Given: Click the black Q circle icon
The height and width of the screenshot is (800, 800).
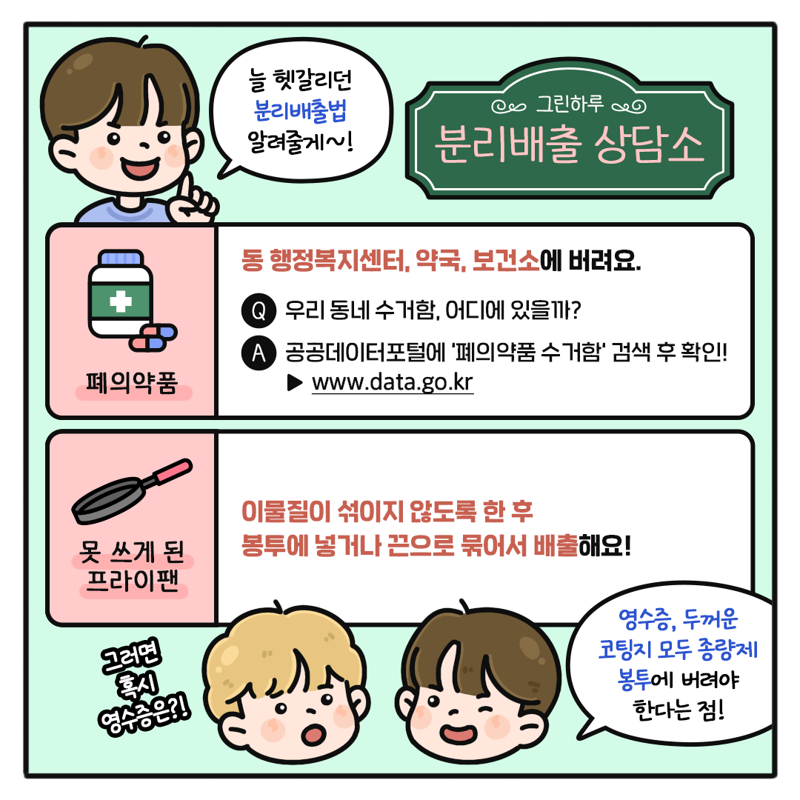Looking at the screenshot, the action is (x=259, y=310).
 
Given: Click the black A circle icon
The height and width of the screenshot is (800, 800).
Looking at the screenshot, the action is (x=259, y=353).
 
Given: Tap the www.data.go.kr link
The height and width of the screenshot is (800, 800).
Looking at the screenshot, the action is (x=393, y=382).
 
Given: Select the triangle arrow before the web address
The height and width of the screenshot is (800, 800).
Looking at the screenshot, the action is (x=295, y=383).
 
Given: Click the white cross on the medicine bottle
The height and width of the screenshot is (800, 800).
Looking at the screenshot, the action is (x=121, y=301).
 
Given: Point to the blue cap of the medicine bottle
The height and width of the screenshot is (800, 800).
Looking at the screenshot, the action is (x=121, y=259).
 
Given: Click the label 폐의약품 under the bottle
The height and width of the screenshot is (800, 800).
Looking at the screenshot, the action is (x=132, y=383).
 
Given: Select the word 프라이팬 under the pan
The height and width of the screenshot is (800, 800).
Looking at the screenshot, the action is (x=133, y=581).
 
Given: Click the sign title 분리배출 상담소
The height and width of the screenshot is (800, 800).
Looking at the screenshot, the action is (x=570, y=144).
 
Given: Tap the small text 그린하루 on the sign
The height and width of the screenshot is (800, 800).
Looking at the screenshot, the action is (x=570, y=104).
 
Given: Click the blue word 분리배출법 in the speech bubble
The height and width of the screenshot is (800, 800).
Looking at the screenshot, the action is (x=300, y=110).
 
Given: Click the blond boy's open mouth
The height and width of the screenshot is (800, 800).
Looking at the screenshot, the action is (x=313, y=734).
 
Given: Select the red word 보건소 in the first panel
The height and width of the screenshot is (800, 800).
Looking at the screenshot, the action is (x=506, y=261).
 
